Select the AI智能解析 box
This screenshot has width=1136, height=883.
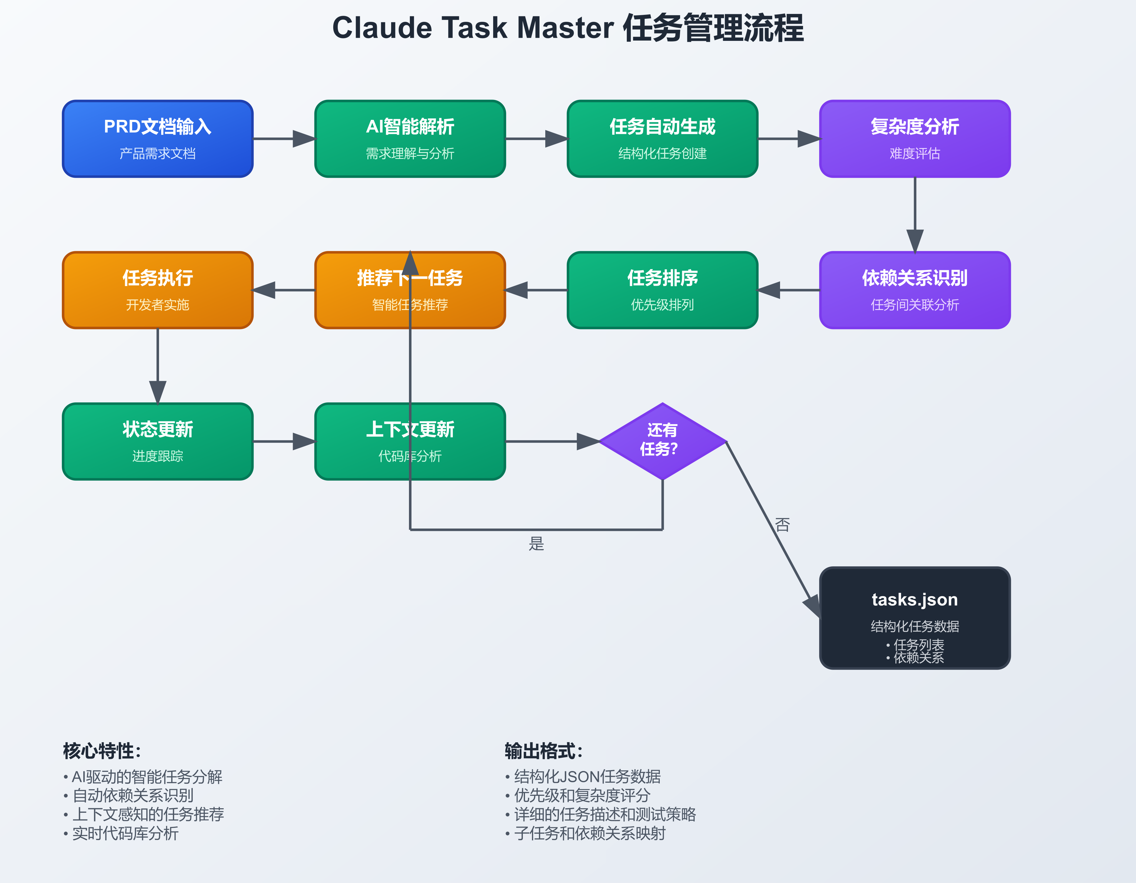(x=410, y=139)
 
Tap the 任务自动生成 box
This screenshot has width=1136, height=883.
(x=662, y=139)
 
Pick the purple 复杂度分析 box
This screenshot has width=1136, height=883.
(x=915, y=139)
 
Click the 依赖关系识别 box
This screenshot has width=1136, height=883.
(x=915, y=290)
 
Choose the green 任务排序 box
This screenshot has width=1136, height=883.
(x=662, y=290)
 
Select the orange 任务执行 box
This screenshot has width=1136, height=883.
(x=158, y=290)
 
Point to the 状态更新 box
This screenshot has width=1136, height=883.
(x=158, y=441)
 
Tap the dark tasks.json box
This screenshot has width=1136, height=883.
(x=915, y=618)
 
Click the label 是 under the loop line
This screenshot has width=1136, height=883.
(x=536, y=544)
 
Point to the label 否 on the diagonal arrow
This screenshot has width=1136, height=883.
(x=782, y=524)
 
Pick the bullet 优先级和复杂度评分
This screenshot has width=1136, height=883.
(x=582, y=795)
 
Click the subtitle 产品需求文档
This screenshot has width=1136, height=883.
(x=158, y=153)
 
